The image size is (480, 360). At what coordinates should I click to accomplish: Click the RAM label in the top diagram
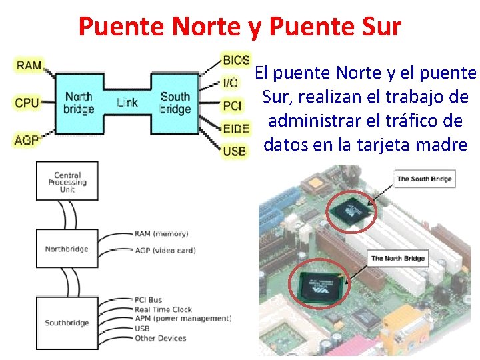[29, 65]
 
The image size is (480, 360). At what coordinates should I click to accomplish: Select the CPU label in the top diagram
[27, 103]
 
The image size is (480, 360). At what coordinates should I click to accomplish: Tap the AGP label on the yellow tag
[27, 140]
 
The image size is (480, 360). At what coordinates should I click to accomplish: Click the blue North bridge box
[79, 103]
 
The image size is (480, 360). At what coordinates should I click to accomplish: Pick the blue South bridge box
[175, 103]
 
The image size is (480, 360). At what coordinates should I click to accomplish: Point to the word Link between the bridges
[127, 103]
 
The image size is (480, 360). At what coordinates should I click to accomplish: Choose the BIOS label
[236, 60]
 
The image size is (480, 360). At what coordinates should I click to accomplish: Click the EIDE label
[236, 129]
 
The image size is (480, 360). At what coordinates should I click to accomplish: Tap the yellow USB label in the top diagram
[235, 151]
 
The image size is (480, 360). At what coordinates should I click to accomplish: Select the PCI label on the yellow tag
[233, 106]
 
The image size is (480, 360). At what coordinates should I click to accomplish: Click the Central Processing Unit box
[67, 182]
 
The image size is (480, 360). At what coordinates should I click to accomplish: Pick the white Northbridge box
[67, 249]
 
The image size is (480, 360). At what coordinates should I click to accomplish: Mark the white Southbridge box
[67, 323]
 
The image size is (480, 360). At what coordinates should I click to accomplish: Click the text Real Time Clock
[163, 309]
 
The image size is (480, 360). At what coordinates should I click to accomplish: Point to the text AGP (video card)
[165, 251]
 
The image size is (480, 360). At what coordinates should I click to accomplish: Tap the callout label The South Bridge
[425, 179]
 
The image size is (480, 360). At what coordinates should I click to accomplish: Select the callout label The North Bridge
[398, 258]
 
